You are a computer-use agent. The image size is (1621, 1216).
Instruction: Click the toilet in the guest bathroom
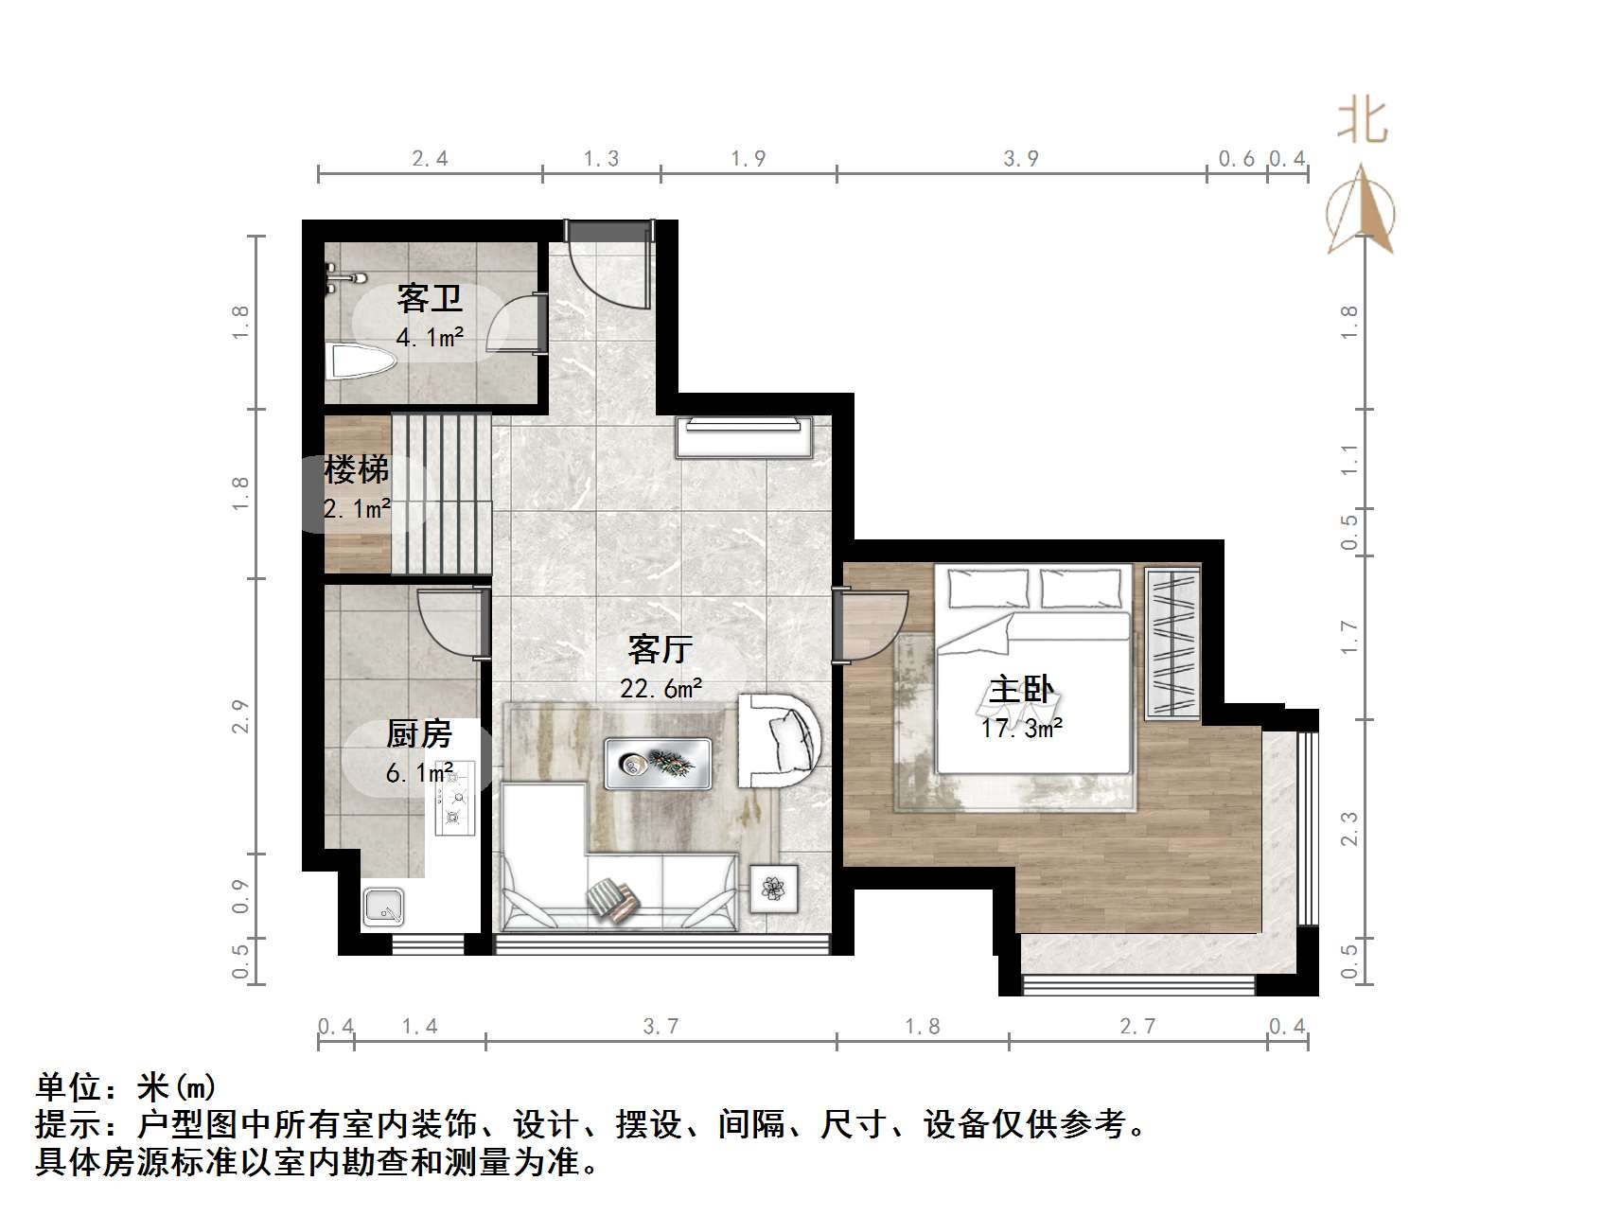(359, 361)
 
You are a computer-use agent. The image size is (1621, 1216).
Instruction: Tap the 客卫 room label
(430, 299)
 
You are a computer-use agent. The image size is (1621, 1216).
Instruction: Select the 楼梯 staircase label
(357, 469)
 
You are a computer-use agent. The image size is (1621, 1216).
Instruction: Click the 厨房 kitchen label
(419, 734)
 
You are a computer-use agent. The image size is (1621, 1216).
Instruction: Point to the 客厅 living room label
(660, 649)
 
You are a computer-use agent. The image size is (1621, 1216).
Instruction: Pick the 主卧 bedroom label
(1021, 690)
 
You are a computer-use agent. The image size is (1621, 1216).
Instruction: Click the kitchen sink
(385, 907)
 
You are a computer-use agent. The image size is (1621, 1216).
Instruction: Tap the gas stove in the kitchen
(454, 801)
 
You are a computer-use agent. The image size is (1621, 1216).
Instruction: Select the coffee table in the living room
(658, 763)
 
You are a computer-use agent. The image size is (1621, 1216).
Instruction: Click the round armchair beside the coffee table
(778, 741)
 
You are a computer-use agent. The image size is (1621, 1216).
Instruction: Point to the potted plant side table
(774, 889)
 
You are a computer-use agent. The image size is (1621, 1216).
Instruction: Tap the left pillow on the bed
(989, 589)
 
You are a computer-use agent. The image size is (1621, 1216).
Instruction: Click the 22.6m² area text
(661, 689)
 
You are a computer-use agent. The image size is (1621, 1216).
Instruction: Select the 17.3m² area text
(1022, 729)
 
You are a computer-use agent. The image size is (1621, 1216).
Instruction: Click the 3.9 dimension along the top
(1021, 159)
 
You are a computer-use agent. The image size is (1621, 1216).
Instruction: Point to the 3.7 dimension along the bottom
(661, 1026)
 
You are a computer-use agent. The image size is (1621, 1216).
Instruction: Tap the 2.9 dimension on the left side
(240, 715)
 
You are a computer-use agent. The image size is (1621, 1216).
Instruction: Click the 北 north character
(1362, 123)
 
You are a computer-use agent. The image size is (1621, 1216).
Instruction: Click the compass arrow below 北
(1361, 210)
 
